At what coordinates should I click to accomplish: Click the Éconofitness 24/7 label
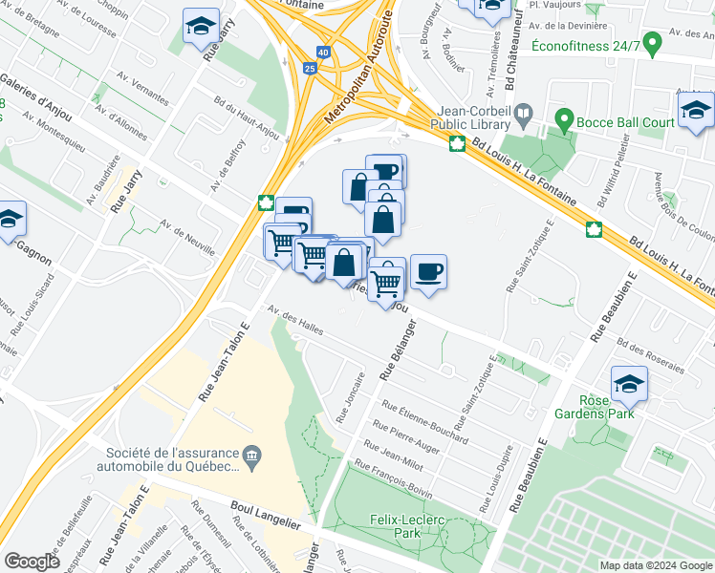(x=584, y=44)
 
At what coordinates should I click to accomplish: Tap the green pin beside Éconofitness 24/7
(x=653, y=43)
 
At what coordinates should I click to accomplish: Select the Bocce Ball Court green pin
(x=563, y=121)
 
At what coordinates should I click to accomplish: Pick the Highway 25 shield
(x=307, y=69)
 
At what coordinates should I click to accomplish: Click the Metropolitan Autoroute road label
(x=348, y=84)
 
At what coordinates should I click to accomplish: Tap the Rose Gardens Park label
(x=607, y=408)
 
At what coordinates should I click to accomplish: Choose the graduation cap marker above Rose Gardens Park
(x=629, y=386)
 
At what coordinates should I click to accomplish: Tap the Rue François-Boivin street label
(x=393, y=480)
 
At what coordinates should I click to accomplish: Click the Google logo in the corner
(x=32, y=562)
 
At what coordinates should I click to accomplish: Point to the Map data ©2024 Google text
(x=655, y=565)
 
